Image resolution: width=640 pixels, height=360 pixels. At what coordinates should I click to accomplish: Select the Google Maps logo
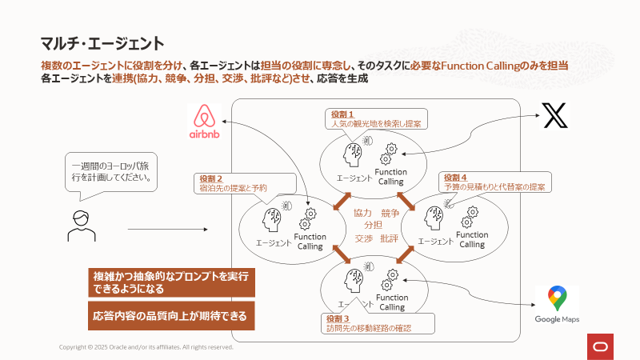tap(557, 305)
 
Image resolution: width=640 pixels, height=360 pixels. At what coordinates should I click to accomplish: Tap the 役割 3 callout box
tap(377, 323)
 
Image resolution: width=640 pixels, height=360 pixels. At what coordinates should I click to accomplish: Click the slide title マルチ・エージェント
tap(102, 43)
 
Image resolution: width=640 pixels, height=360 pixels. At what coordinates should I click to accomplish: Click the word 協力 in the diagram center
tap(362, 213)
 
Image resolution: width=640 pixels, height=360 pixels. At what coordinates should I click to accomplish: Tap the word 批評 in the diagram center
tap(390, 238)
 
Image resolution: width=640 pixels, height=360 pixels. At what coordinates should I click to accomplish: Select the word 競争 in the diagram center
tap(390, 213)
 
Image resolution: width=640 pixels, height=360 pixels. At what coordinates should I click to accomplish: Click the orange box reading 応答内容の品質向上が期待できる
tap(171, 316)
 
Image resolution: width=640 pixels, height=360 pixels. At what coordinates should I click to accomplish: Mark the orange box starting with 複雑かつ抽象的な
tap(171, 282)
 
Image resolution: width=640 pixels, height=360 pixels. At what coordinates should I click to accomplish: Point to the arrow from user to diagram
tap(167, 230)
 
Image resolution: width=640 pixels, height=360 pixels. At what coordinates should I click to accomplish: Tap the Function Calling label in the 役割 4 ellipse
tap(472, 239)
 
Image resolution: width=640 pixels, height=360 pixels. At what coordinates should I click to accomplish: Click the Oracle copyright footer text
tap(146, 347)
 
